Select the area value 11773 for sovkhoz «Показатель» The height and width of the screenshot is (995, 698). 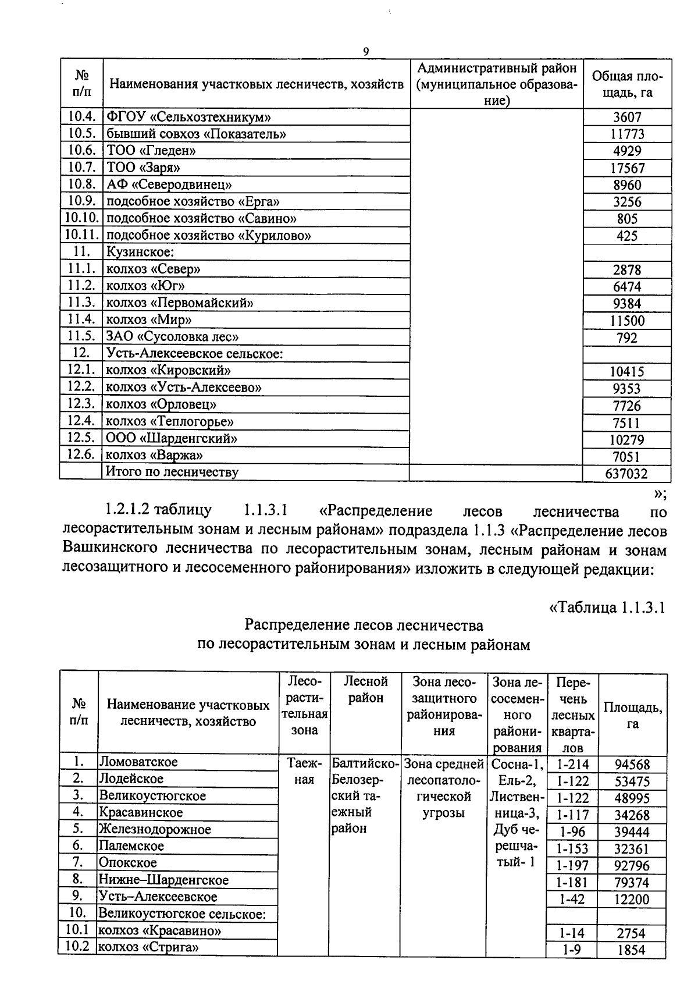coord(627,134)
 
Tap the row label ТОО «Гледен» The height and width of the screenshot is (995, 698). coord(151,151)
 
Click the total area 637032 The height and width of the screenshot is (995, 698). coord(626,474)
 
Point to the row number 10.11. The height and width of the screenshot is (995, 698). coord(81,235)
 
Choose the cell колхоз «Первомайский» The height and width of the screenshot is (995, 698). coord(179,303)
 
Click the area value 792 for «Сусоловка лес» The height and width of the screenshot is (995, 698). coord(627,337)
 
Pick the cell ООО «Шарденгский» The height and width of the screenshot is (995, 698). coord(172,438)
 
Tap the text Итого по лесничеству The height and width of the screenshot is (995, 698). coord(172,472)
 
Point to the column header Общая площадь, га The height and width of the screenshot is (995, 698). coord(627,84)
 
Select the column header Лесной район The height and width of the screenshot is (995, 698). coord(365,689)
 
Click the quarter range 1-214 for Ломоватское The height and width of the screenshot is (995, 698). coord(572,765)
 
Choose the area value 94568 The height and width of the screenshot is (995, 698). coord(632,765)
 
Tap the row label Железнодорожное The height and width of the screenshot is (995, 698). coord(155,829)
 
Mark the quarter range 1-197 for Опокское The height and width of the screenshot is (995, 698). coord(572,866)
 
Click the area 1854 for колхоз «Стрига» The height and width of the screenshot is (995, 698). coord(631,950)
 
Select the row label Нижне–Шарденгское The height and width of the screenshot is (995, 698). coord(163,880)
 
